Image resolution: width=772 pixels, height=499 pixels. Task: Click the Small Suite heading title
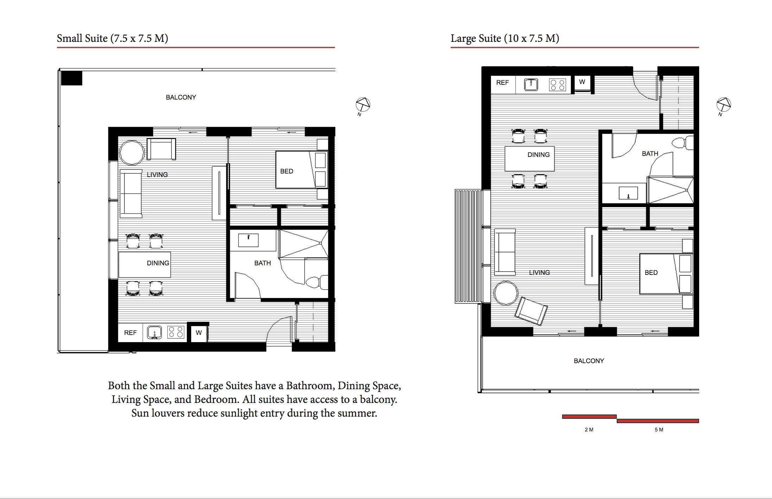point(112,38)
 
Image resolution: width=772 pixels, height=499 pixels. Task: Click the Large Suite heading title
point(505,38)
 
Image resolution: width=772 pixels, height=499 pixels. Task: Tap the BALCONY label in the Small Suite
point(181,97)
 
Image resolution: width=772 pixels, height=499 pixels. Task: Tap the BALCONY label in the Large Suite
point(589,361)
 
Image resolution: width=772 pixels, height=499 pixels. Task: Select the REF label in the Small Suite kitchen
point(130,333)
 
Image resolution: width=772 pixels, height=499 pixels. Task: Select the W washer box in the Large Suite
point(582,82)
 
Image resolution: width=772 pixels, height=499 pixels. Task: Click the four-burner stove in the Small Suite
point(176,332)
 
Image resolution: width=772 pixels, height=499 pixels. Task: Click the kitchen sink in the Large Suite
point(531,84)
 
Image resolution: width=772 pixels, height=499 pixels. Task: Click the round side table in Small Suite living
point(132,153)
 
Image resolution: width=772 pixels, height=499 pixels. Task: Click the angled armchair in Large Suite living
point(531,311)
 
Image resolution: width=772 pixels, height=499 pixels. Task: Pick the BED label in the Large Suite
point(651,272)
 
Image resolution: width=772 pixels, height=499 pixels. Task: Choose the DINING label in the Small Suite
point(158,263)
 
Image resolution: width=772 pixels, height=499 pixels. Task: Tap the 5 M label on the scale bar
point(659,430)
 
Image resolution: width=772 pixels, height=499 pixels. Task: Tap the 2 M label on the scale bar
point(589,430)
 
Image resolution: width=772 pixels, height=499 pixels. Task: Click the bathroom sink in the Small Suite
point(248,240)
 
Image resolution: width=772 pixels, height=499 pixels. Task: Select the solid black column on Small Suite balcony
point(71,78)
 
